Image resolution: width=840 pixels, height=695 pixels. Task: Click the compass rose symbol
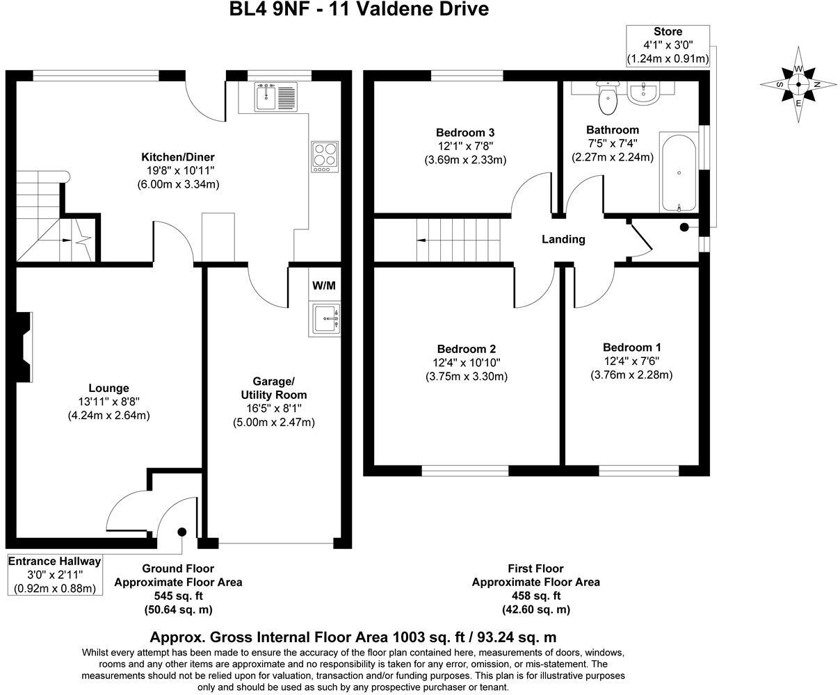799,84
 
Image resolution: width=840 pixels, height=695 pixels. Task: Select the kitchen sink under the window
276,97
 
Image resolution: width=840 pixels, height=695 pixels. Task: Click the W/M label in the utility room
323,286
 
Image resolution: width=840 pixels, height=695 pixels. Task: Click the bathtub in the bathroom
678,173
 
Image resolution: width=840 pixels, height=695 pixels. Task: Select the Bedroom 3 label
465,132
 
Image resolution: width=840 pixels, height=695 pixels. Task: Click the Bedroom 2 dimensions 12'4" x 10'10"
466,363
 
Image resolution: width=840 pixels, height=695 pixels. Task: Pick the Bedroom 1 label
631,347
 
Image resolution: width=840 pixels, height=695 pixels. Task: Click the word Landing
563,239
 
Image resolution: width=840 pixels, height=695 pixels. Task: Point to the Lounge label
108,388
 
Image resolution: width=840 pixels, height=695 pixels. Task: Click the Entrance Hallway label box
54,574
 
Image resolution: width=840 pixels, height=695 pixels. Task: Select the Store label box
668,45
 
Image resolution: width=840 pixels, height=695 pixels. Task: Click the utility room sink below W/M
325,319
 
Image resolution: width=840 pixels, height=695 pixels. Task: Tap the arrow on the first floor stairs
422,240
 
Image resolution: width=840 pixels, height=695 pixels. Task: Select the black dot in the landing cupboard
684,227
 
